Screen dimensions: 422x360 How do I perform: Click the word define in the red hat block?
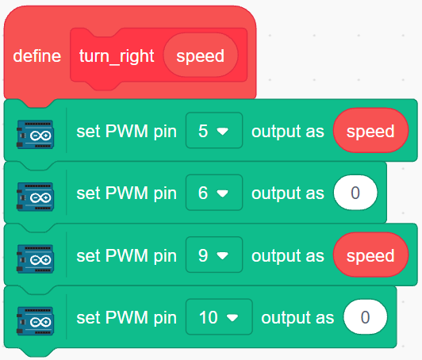coord(37,56)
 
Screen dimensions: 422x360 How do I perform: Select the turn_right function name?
coord(117,56)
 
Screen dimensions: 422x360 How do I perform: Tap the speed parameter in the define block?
coord(201,56)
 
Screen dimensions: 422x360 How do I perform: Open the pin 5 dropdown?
coord(214,131)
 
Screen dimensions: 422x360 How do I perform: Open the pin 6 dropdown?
coord(214,193)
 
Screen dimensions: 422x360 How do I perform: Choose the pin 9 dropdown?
coord(214,255)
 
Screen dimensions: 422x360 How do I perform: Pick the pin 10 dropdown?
coord(219,317)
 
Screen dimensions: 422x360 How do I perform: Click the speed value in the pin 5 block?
coord(370,131)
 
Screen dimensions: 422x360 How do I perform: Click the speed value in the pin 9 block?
coord(370,255)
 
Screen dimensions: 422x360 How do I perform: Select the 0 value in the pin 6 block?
coord(355,193)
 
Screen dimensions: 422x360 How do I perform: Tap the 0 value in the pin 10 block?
coord(365,317)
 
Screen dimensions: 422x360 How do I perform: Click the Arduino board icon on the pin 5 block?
coord(35,134)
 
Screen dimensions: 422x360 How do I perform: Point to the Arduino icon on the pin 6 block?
coord(35,197)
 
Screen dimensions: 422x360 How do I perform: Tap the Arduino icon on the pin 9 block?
coord(35,259)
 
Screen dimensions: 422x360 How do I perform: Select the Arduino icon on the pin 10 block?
coord(35,321)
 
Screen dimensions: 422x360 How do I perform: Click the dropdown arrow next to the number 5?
coord(223,132)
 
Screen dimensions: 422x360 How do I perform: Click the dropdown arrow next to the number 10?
coord(232,318)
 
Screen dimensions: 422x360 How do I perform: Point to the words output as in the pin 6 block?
coord(288,193)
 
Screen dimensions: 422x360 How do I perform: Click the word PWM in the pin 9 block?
coord(126,255)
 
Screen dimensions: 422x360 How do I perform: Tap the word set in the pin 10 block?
coord(89,317)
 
